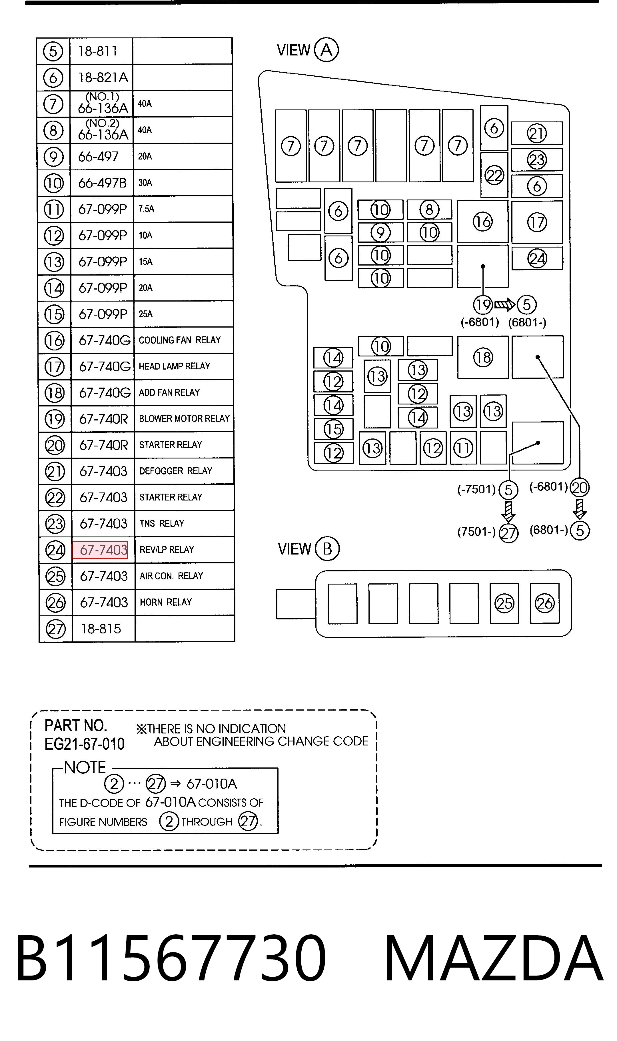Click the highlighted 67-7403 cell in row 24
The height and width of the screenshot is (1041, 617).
click(x=100, y=550)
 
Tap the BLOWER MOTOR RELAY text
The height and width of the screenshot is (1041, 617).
click(x=184, y=418)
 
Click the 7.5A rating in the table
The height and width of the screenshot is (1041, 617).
click(x=146, y=209)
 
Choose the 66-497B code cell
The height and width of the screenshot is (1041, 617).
click(x=102, y=183)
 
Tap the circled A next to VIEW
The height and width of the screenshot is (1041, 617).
click(x=326, y=50)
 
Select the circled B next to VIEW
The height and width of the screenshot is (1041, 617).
click(x=327, y=549)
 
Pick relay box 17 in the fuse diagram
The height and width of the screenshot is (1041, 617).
click(x=537, y=222)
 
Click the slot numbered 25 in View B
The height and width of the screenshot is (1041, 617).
click(x=504, y=603)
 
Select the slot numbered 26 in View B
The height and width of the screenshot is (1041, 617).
click(x=545, y=603)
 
